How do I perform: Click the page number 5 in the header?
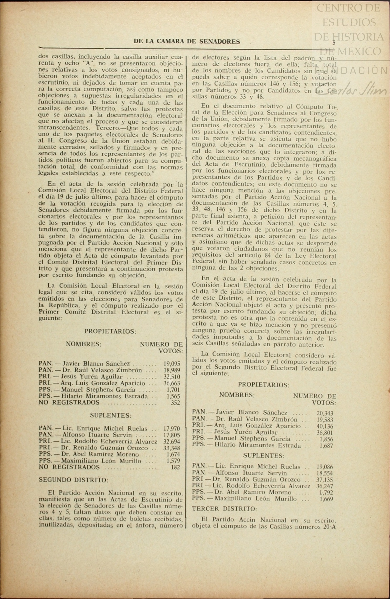(x=334, y=43)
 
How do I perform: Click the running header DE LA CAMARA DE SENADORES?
(x=187, y=42)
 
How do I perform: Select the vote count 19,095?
(x=172, y=364)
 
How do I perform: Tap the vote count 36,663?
(x=172, y=383)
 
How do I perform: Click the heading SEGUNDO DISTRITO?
(x=73, y=480)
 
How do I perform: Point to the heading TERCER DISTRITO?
(x=224, y=509)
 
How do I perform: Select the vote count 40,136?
(x=325, y=426)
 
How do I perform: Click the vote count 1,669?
(x=326, y=499)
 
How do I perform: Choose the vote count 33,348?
(x=172, y=448)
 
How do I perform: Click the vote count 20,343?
(x=325, y=413)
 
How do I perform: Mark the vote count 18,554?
(x=325, y=473)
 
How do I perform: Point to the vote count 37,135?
(x=325, y=480)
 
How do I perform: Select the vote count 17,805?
(x=172, y=435)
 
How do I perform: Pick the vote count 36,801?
(x=325, y=433)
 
